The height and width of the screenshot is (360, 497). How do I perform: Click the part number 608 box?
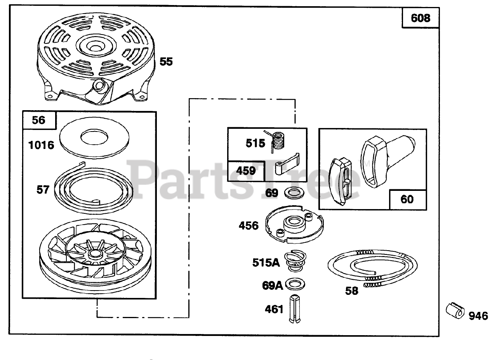[x=421, y=18]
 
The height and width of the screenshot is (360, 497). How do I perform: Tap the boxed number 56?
[x=39, y=120]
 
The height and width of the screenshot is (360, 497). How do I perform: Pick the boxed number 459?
[x=246, y=171]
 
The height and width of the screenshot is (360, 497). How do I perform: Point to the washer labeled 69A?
[x=295, y=284]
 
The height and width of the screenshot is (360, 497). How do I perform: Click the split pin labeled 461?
[x=294, y=310]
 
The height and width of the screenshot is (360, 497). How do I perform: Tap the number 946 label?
[x=478, y=316]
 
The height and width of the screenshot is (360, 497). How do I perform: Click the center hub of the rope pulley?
[x=94, y=254]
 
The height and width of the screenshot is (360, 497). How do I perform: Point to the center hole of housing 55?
[x=94, y=46]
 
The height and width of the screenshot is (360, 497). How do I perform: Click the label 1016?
[x=40, y=145]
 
